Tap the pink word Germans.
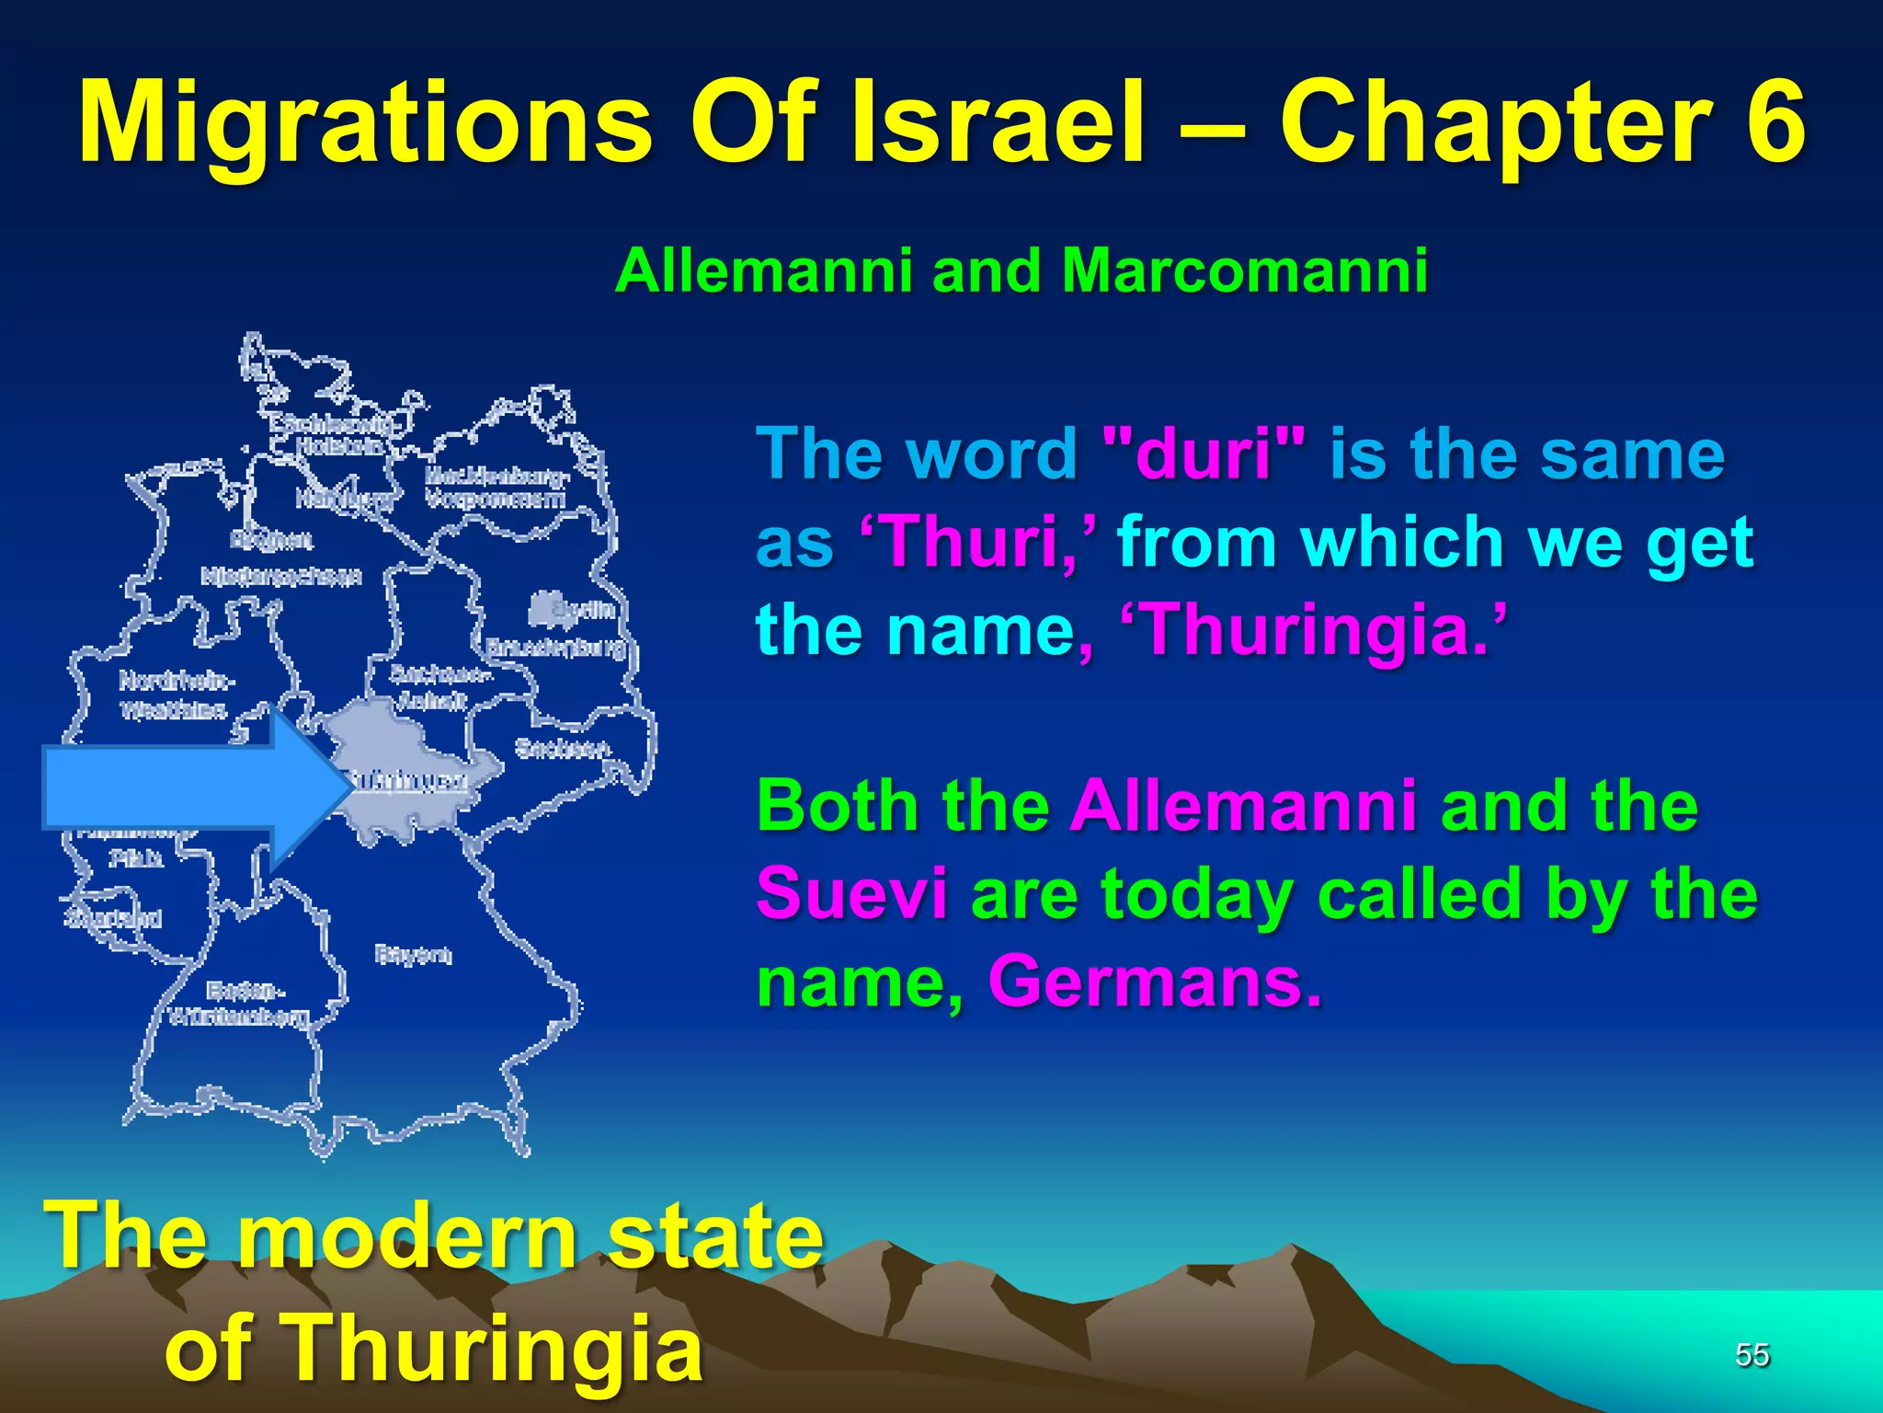click(1155, 982)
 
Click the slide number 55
click(1752, 1355)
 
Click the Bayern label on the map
click(414, 955)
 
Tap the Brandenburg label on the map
click(555, 648)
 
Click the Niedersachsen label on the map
click(281, 577)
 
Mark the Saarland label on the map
click(114, 917)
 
